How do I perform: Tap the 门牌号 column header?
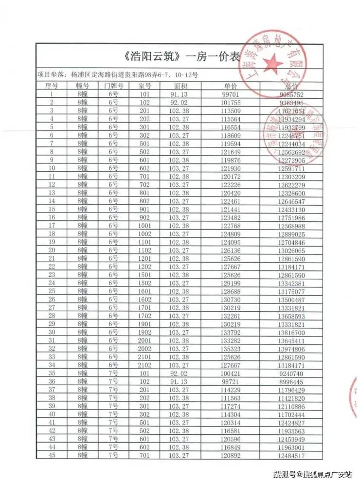114,86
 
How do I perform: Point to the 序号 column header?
52,86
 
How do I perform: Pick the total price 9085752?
292,94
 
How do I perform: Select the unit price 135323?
231,349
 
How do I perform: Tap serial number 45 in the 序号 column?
52,456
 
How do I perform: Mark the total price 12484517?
292,456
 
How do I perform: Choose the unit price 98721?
231,382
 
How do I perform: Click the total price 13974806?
292,349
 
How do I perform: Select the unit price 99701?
231,94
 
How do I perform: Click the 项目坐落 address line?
117,75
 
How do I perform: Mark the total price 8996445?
292,382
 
